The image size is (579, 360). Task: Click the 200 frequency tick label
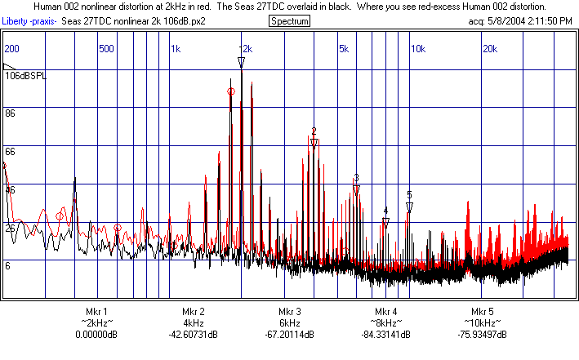(11, 49)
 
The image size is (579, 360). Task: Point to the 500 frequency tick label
(105, 49)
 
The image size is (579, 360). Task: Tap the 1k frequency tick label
(176, 49)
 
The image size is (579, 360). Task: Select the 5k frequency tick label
(344, 49)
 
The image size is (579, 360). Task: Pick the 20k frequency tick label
(490, 49)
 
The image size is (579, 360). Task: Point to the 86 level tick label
(11, 113)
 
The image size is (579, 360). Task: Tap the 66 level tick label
(11, 151)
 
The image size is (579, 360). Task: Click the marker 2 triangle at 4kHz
(314, 144)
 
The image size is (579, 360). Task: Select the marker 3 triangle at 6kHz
(356, 190)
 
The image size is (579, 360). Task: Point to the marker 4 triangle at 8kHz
(385, 222)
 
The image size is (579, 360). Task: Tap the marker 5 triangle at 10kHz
(409, 207)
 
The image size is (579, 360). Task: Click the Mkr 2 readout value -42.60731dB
(193, 335)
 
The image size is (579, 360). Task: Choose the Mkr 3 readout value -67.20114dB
(289, 335)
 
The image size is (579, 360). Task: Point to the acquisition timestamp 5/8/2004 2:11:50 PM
(530, 20)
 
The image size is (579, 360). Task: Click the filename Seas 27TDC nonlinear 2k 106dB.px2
(134, 20)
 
